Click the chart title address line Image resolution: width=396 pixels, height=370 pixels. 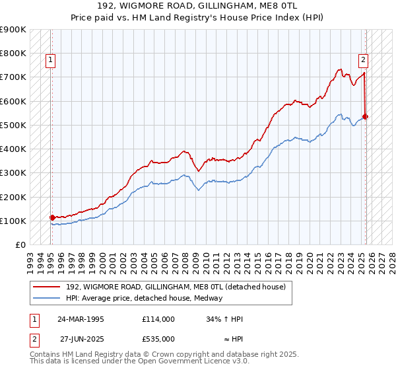pyautogui.click(x=197, y=7)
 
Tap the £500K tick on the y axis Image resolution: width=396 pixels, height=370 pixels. pyautogui.click(x=13, y=125)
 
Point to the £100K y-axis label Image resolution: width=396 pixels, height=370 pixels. pyautogui.click(x=13, y=221)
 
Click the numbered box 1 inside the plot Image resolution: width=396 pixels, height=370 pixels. pyautogui.click(x=51, y=60)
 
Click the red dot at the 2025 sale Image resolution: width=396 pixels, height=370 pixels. pyautogui.click(x=366, y=117)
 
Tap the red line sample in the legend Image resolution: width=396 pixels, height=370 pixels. pyautogui.click(x=47, y=287)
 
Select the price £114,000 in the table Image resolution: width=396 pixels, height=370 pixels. pyautogui.click(x=158, y=318)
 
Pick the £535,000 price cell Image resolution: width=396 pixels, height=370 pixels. pyautogui.click(x=158, y=338)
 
